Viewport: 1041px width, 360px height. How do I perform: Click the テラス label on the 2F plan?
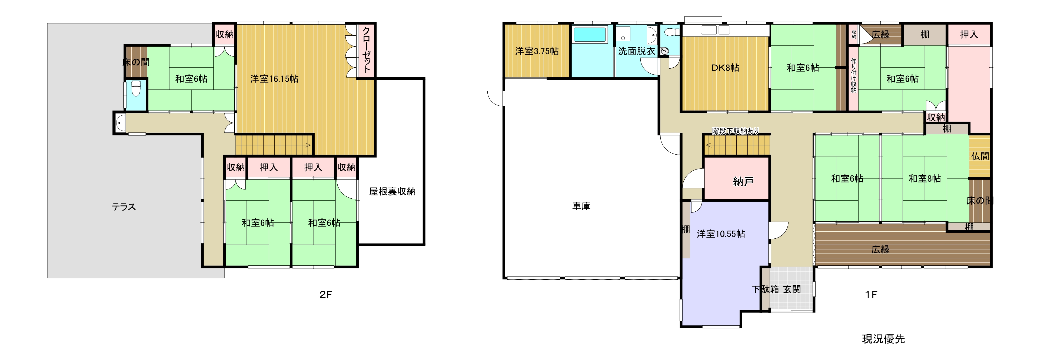point(124,207)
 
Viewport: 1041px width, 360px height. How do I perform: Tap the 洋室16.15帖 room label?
point(274,79)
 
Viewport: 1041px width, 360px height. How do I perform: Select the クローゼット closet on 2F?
point(366,51)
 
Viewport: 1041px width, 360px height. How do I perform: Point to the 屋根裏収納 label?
point(392,192)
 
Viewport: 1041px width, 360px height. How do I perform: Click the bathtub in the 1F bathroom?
point(590,35)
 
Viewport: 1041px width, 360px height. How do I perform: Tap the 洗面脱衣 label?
point(637,51)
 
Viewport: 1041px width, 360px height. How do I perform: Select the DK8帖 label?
point(725,68)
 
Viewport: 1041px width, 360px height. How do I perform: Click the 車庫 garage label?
point(581,206)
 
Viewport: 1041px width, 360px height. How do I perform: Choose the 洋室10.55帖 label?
point(721,234)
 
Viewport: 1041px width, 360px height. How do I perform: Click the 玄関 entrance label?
point(792,289)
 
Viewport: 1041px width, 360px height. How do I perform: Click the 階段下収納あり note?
point(736,131)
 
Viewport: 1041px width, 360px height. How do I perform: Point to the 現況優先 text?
point(883,339)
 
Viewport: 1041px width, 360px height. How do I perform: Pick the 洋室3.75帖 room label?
point(537,51)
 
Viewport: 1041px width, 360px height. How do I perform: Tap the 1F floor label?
point(871,295)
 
